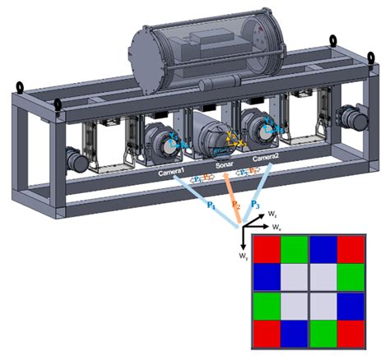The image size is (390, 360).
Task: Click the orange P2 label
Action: (235, 205)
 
